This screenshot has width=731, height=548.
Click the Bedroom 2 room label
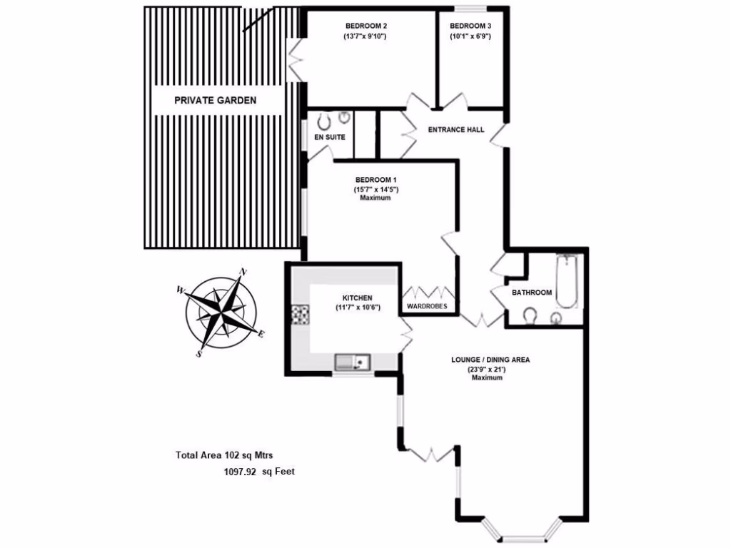pyautogui.click(x=365, y=26)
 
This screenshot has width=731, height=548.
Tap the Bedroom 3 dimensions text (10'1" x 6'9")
pyautogui.click(x=470, y=36)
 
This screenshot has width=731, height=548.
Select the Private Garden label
pyautogui.click(x=215, y=101)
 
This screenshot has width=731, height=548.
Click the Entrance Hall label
pyautogui.click(x=455, y=130)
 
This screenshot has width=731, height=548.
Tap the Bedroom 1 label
pyautogui.click(x=376, y=180)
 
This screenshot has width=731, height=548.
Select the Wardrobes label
pyautogui.click(x=427, y=306)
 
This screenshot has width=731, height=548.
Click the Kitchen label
pyautogui.click(x=358, y=298)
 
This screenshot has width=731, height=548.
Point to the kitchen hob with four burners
pyautogui.click(x=300, y=314)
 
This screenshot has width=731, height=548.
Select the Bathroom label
pyautogui.click(x=532, y=293)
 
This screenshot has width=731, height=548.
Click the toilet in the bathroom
pyautogui.click(x=530, y=315)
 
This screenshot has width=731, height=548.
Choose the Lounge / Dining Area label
pyautogui.click(x=490, y=360)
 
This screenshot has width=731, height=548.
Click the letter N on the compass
pyautogui.click(x=243, y=271)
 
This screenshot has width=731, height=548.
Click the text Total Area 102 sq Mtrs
pyautogui.click(x=225, y=455)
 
